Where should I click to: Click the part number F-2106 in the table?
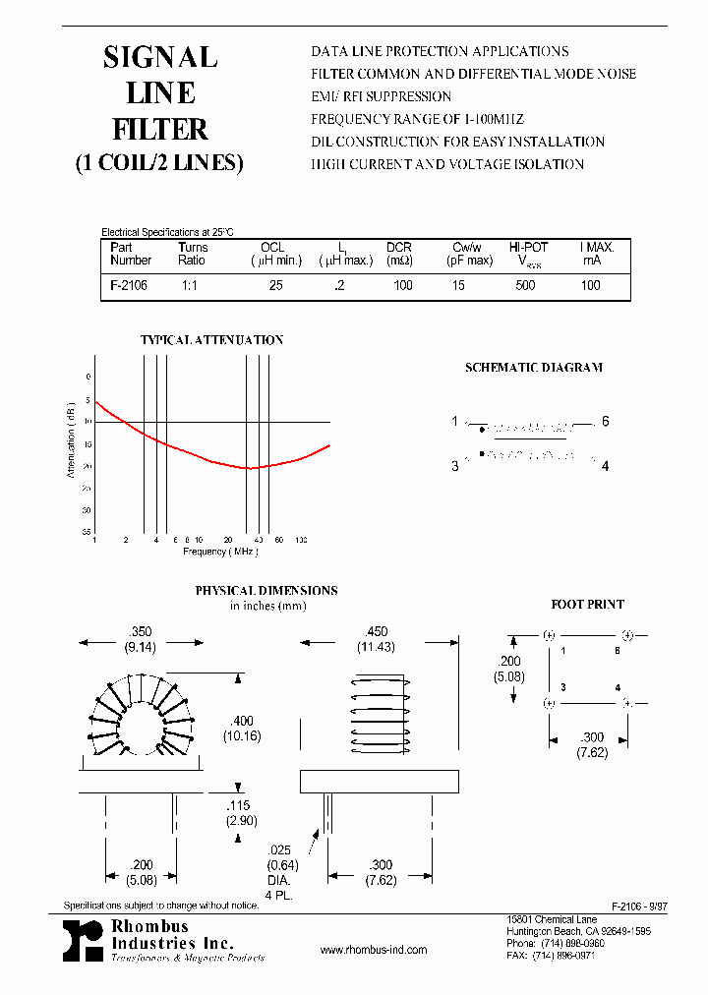click(x=128, y=285)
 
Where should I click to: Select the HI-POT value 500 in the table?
click(x=526, y=285)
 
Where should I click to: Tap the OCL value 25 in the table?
click(x=276, y=285)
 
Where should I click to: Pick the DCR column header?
click(x=399, y=248)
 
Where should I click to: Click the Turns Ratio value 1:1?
click(x=190, y=285)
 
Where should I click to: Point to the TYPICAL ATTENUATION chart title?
click(x=211, y=340)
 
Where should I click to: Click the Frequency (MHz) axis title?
click(x=220, y=552)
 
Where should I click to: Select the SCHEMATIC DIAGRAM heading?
click(x=533, y=368)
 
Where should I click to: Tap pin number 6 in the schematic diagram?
click(x=606, y=422)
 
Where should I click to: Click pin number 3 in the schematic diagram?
click(x=455, y=465)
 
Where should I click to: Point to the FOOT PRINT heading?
click(x=587, y=605)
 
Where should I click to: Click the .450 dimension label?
click(x=376, y=632)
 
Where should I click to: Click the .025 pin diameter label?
click(x=278, y=849)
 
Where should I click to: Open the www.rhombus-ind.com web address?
click(x=374, y=950)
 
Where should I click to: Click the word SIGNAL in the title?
click(x=160, y=58)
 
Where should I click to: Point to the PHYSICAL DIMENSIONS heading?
click(x=265, y=591)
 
